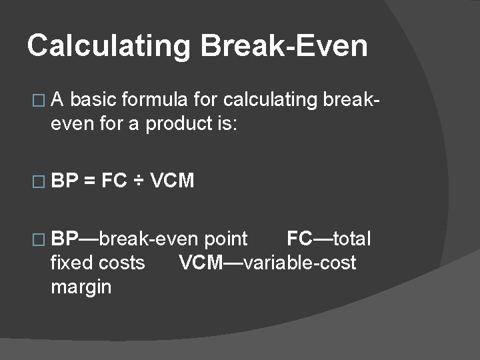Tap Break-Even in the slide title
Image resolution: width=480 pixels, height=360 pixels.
[x=283, y=46]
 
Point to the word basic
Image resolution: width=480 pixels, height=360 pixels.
[x=91, y=100]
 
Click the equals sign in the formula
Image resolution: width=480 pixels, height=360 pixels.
[x=89, y=181]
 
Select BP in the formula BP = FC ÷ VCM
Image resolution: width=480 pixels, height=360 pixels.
[x=65, y=181]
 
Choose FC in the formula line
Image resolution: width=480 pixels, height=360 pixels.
[x=114, y=181]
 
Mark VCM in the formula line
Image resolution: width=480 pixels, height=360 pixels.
[x=173, y=181]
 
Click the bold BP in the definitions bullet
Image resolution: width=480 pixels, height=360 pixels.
[x=65, y=239]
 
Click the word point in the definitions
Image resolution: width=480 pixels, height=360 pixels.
[x=226, y=239]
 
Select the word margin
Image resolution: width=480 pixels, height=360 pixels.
[x=81, y=287]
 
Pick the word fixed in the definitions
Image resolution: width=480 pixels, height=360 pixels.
[x=69, y=263]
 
